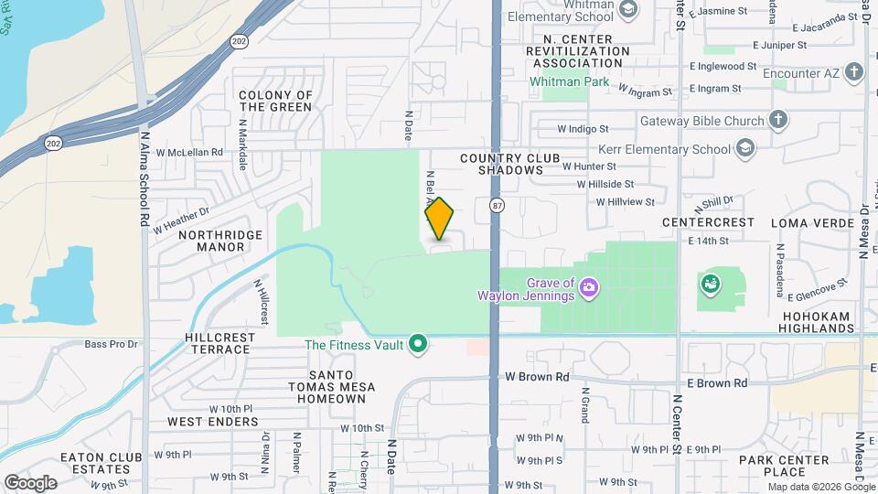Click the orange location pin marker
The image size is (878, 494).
coord(439,219)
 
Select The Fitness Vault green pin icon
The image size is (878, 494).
coord(419,344)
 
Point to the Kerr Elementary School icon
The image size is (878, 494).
coord(745,148)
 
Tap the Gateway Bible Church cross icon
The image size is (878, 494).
coord(777,121)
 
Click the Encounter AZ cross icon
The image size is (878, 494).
coord(854,71)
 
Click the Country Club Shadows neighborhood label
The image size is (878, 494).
coord(509,165)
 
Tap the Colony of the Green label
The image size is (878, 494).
coord(275,101)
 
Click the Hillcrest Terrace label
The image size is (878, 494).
coord(217,343)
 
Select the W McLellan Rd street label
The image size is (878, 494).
coord(189,152)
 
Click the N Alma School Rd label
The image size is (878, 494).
coord(145,178)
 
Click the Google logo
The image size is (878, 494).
coord(30,482)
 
